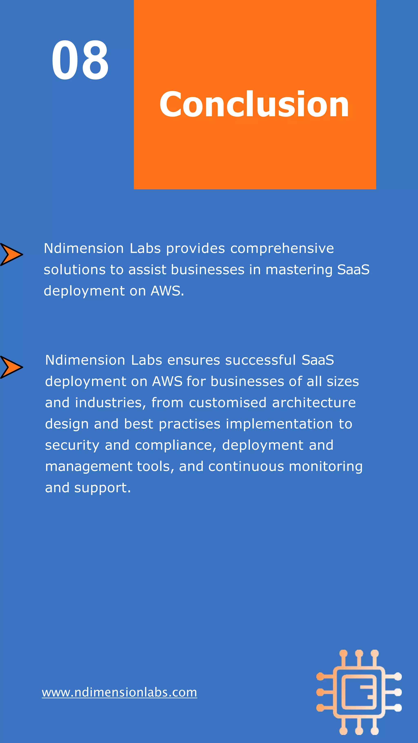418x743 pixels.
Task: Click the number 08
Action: [80, 60]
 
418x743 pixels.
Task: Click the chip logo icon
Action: [359, 692]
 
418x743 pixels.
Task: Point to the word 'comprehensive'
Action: [282, 249]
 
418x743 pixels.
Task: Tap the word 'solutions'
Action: [74, 270]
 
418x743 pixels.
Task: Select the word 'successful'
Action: [260, 360]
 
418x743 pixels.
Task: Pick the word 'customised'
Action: [228, 403]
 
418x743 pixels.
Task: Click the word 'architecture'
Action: [314, 403]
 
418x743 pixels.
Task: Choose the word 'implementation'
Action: [279, 424]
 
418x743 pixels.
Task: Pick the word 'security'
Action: [72, 445]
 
